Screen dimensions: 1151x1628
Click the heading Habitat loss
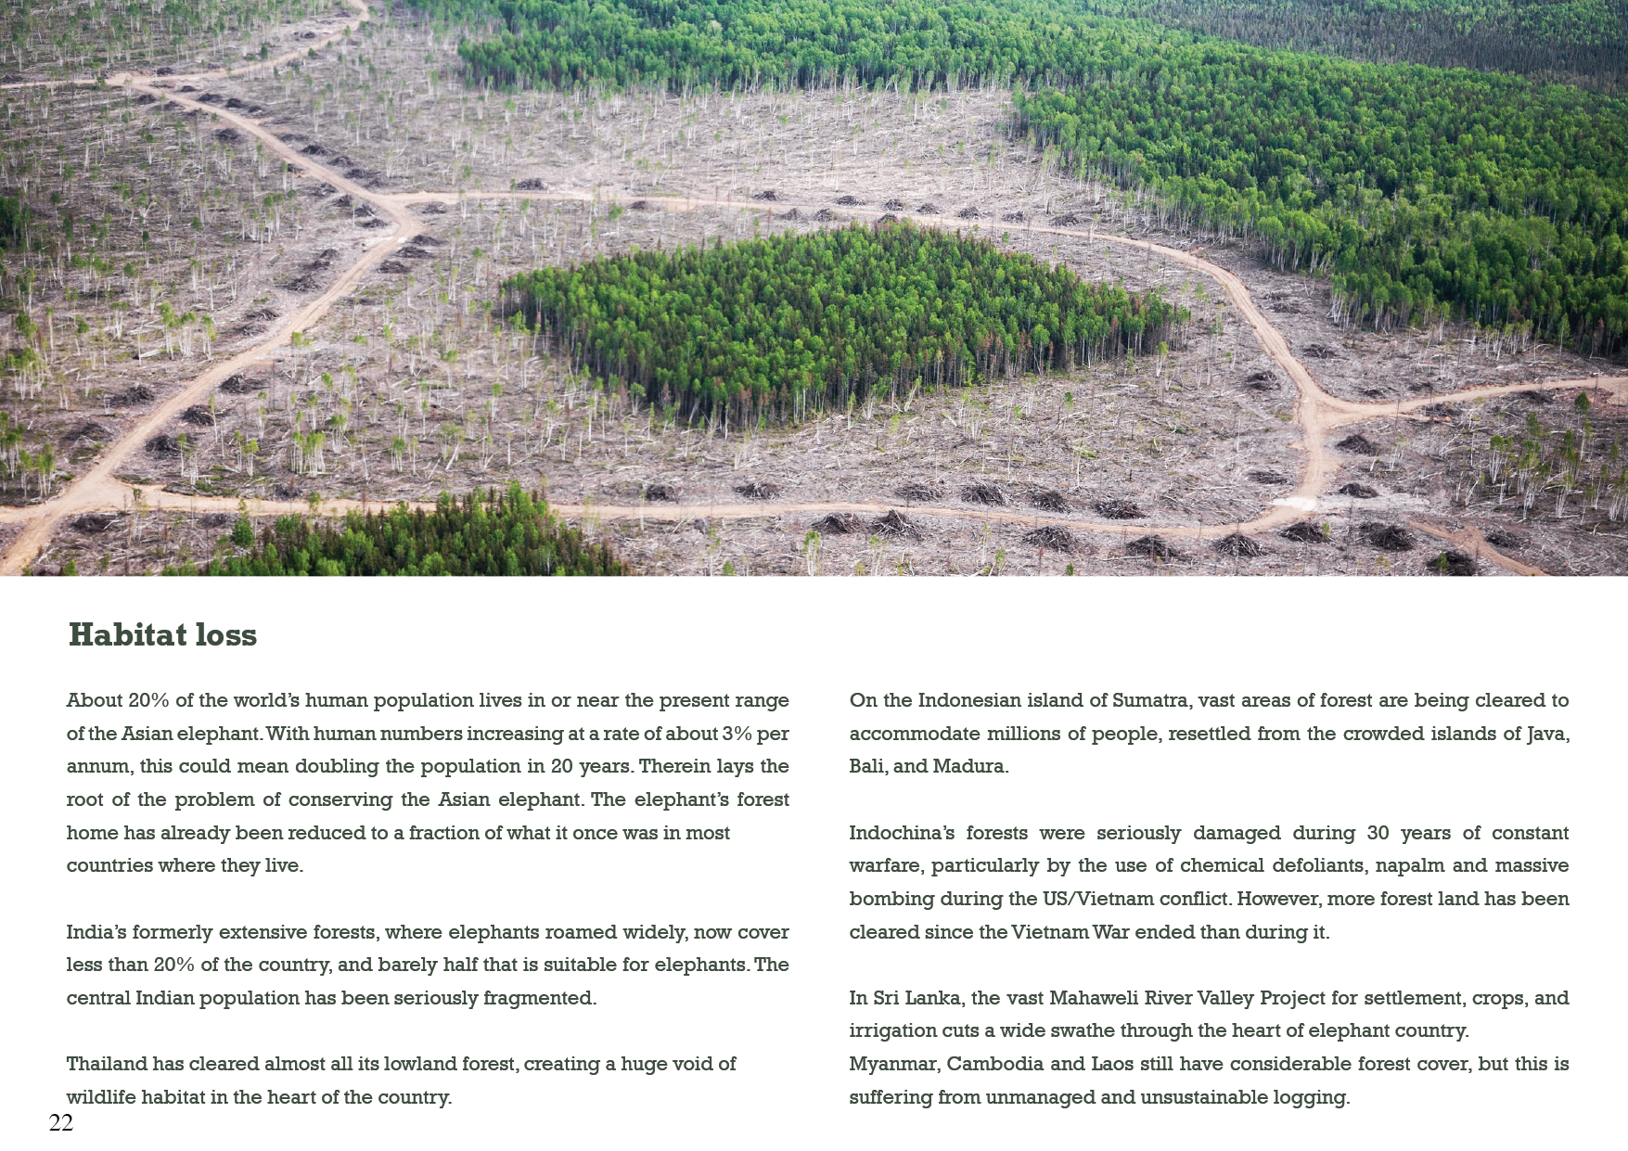(x=162, y=635)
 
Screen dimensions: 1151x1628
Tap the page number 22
(x=60, y=1123)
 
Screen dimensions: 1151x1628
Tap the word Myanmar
(x=891, y=1064)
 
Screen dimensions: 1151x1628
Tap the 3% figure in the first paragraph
(x=737, y=734)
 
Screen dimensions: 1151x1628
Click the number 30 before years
(x=1378, y=833)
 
